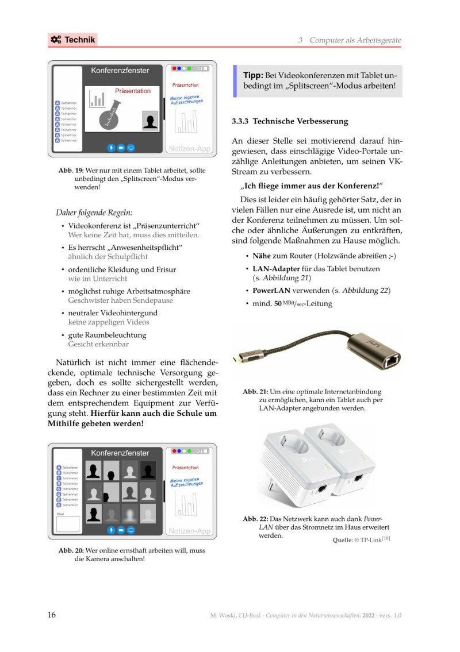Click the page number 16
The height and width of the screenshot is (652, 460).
pos(51,615)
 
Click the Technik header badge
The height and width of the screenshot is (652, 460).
pos(72,40)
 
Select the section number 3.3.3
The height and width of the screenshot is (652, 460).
pos(240,122)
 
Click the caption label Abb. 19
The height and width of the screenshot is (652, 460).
pos(71,171)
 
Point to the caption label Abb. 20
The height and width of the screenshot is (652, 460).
pos(71,550)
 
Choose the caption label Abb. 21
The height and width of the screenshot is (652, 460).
pos(255,392)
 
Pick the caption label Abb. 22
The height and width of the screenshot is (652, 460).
pos(255,519)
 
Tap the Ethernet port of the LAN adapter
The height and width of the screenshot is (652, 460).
pos(392,361)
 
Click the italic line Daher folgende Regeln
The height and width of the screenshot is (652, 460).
pos(94,213)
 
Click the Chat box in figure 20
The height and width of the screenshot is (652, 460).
pos(67,524)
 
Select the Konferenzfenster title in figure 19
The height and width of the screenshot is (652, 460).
pos(120,71)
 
